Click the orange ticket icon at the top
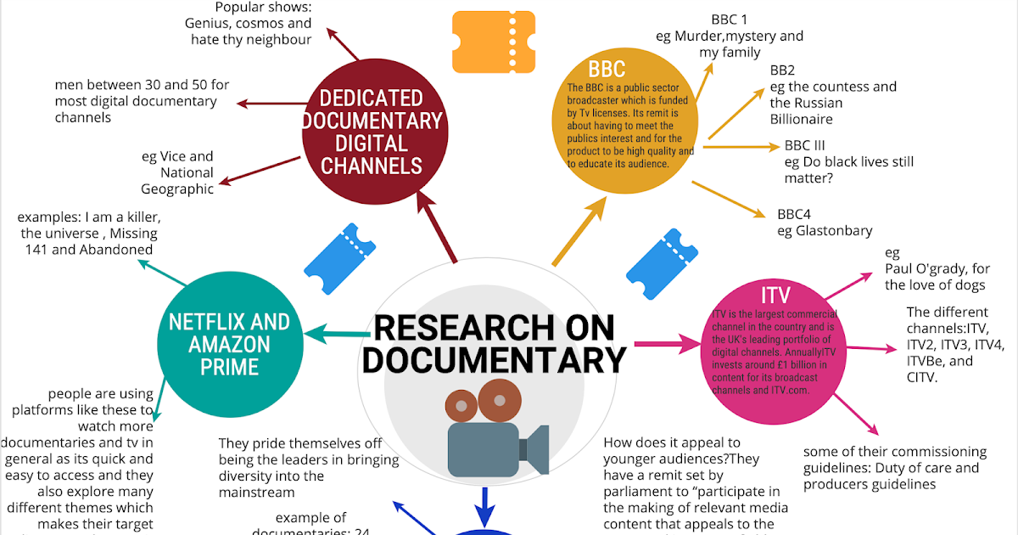493,42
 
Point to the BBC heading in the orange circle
607,68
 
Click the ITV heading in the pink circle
775,296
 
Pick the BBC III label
804,145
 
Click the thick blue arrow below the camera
484,506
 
